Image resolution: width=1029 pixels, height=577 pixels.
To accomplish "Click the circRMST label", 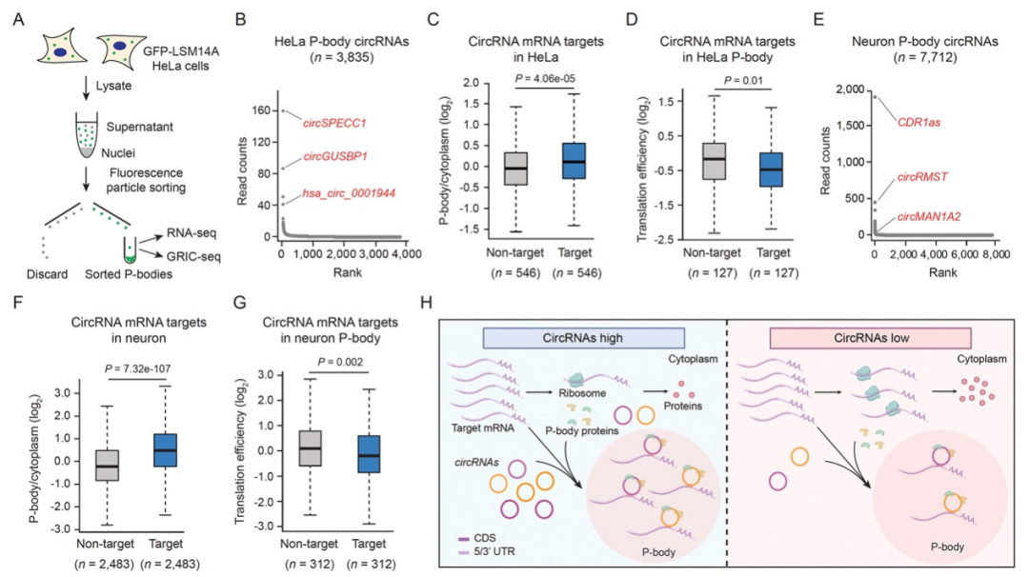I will tap(919, 176).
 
